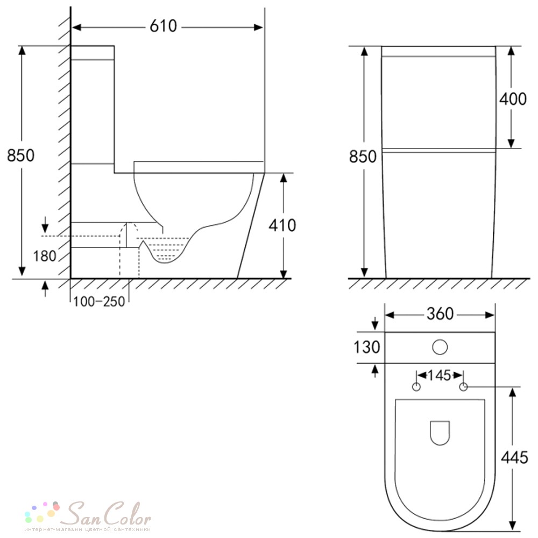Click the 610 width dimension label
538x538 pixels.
164,26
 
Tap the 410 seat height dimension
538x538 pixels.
282,225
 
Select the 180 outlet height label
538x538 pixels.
45,256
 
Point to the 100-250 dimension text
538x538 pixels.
99,302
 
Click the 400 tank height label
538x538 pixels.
513,99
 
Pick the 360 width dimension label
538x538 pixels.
440,314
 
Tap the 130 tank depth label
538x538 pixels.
367,347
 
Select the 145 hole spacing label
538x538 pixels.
439,376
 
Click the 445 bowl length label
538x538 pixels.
514,457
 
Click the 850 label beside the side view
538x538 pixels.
20,155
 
